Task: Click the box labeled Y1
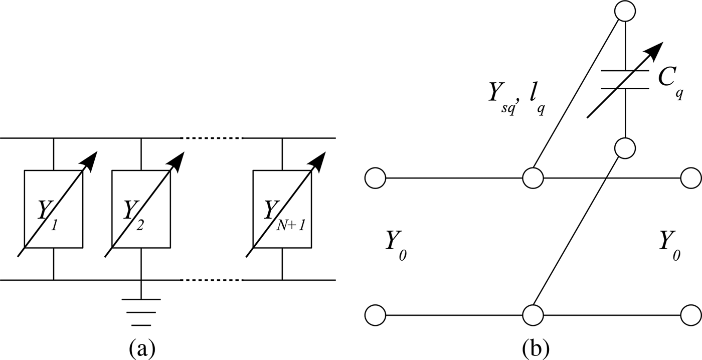(54, 209)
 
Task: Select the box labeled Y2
(141, 209)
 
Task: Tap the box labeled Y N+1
(282, 209)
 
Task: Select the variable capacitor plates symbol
(624, 79)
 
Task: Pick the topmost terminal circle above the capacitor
(625, 11)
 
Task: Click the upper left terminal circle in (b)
(375, 177)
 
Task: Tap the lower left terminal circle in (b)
(375, 315)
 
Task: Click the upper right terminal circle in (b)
(691, 177)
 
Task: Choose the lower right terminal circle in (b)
(691, 315)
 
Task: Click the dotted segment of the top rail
(212, 137)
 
